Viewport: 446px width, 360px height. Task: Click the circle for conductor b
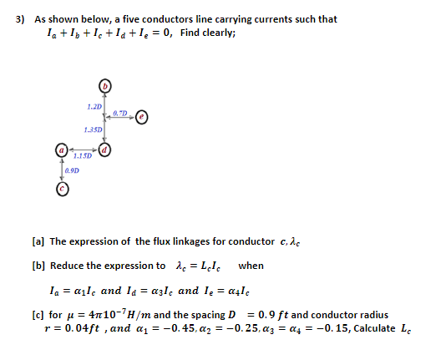click(x=105, y=85)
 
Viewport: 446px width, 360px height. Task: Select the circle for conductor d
click(x=104, y=151)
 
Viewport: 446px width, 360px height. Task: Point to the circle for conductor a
click(x=61, y=151)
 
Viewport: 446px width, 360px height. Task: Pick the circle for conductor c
click(x=61, y=190)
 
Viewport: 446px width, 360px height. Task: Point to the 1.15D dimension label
click(x=82, y=156)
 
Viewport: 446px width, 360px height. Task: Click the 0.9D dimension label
click(x=73, y=170)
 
